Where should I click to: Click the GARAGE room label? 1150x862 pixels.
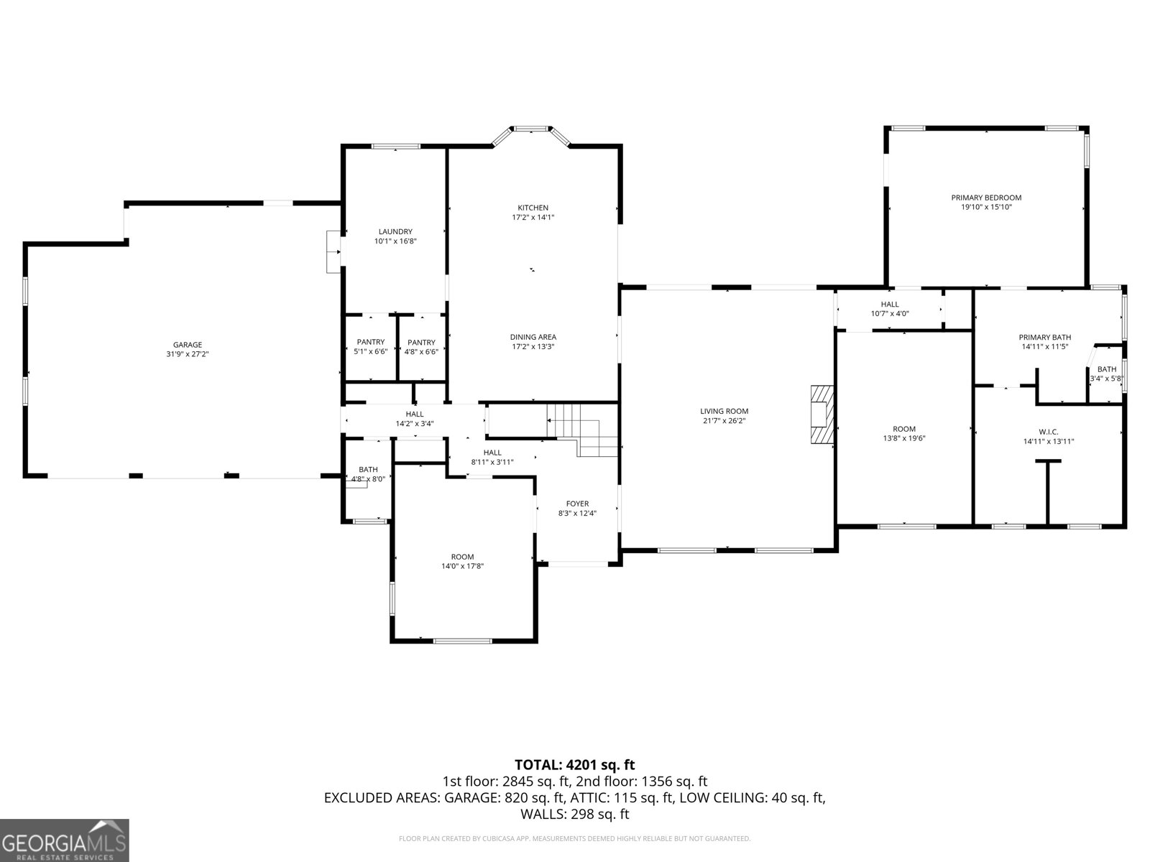pos(188,344)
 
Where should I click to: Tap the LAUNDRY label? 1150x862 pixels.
pos(395,231)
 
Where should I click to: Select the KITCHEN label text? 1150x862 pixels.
pos(533,208)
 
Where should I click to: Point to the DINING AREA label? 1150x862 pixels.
pos(533,337)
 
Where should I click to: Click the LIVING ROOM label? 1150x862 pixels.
pos(724,412)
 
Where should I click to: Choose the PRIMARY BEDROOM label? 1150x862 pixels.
pos(986,198)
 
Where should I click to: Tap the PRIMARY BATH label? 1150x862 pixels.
pos(1044,338)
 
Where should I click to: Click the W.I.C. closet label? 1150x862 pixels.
pos(1049,432)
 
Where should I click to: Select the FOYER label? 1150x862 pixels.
pos(577,504)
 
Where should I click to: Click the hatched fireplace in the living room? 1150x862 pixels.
pos(822,414)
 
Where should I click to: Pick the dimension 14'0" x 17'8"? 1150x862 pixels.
pos(462,566)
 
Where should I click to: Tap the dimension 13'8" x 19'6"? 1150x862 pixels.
pos(903,439)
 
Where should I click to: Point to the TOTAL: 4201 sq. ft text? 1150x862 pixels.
pos(575,764)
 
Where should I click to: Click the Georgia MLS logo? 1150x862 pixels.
pos(65,840)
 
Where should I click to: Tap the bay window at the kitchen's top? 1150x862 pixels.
pos(530,135)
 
